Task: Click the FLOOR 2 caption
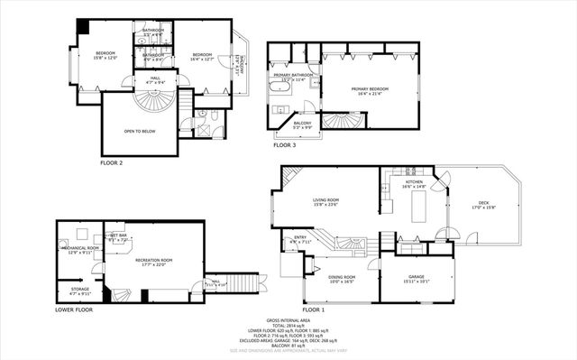point(113,163)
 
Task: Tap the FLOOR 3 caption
point(283,144)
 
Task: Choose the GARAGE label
point(416,277)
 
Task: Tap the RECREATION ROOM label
point(153,260)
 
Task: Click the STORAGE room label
point(80,290)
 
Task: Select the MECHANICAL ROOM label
point(81,248)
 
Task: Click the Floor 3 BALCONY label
point(303,124)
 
